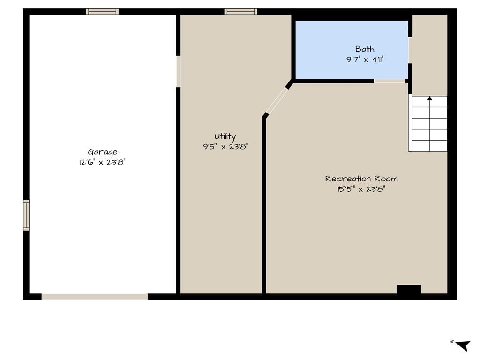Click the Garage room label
(x=103, y=152)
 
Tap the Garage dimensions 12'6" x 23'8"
(x=103, y=162)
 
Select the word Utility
(x=225, y=136)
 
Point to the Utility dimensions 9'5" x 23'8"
(x=225, y=147)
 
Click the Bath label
(x=365, y=49)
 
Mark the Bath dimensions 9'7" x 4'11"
(x=365, y=60)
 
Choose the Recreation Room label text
(x=361, y=179)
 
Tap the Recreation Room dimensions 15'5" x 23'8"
(x=361, y=189)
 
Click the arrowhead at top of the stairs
(x=430, y=98)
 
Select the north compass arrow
(x=463, y=345)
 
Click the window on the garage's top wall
(x=102, y=12)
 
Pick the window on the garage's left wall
(x=26, y=215)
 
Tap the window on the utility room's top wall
(x=240, y=12)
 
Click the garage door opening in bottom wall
(x=95, y=297)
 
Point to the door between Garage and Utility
(x=178, y=71)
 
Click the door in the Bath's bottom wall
(x=390, y=81)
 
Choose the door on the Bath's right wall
(x=410, y=51)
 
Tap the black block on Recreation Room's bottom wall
(x=409, y=289)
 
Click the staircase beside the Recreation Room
(x=428, y=123)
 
